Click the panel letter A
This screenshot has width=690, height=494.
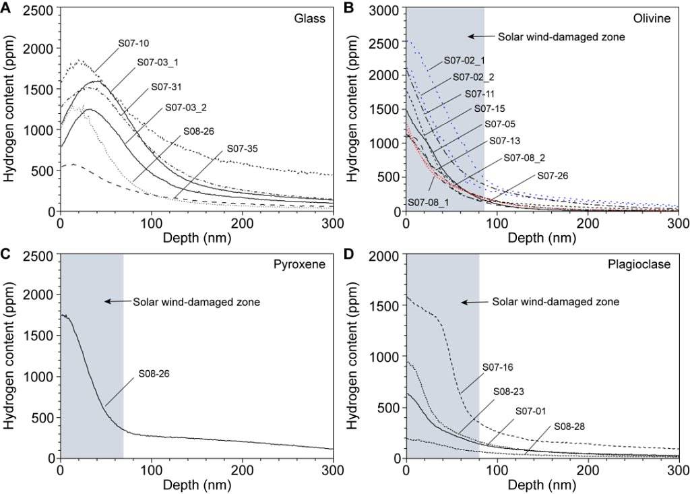point(6,7)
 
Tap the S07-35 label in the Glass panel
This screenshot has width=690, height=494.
point(244,148)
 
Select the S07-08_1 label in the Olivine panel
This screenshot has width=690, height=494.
point(429,201)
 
